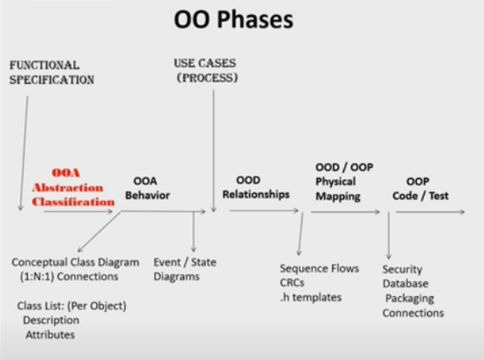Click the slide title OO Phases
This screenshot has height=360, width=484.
coord(233,19)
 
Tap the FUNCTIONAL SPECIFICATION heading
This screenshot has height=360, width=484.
coord(52,73)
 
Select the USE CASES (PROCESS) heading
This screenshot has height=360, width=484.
coord(206,71)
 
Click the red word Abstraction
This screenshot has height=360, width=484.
coord(67,187)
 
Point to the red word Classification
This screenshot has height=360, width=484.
coord(73,202)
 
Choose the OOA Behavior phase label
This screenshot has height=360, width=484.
coord(148,188)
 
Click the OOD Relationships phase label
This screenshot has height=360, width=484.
coord(256,187)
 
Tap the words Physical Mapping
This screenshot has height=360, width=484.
coord(338,189)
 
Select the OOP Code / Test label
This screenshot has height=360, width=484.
coord(420,189)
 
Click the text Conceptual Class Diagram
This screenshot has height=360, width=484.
coord(75,262)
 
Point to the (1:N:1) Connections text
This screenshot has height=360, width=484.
coord(69,276)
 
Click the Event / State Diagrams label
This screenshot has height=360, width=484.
coord(185,269)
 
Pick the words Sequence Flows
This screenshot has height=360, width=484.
coord(320,268)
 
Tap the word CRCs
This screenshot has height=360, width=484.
coord(292,282)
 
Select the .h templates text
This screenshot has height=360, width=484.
coord(311,297)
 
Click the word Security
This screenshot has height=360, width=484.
coord(402,269)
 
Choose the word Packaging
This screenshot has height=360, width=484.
coord(410,299)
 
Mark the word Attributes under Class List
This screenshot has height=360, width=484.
coord(50,335)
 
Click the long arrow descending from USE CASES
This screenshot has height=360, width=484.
coord(213,151)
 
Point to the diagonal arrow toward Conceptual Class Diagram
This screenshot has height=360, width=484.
coord(99,232)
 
